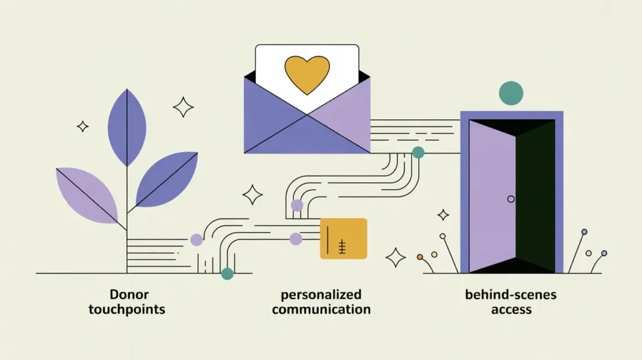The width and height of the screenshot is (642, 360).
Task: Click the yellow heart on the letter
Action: click(x=307, y=74)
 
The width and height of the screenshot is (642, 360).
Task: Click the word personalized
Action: click(x=321, y=294)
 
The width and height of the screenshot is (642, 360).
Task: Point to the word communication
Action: click(x=321, y=309)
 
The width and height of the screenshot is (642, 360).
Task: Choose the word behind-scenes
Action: click(x=511, y=294)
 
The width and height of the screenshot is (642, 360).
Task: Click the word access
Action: click(x=511, y=309)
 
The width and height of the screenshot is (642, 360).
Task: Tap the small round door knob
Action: click(x=510, y=199)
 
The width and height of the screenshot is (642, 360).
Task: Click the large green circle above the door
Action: click(x=511, y=93)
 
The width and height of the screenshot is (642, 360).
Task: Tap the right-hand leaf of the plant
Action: click(x=167, y=179)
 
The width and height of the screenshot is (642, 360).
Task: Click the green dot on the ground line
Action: click(x=227, y=273)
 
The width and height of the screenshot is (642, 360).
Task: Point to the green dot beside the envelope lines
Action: click(x=418, y=152)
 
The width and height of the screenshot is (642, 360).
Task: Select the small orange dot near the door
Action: click(x=420, y=257)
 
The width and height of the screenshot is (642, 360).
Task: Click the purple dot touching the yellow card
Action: click(x=296, y=238)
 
